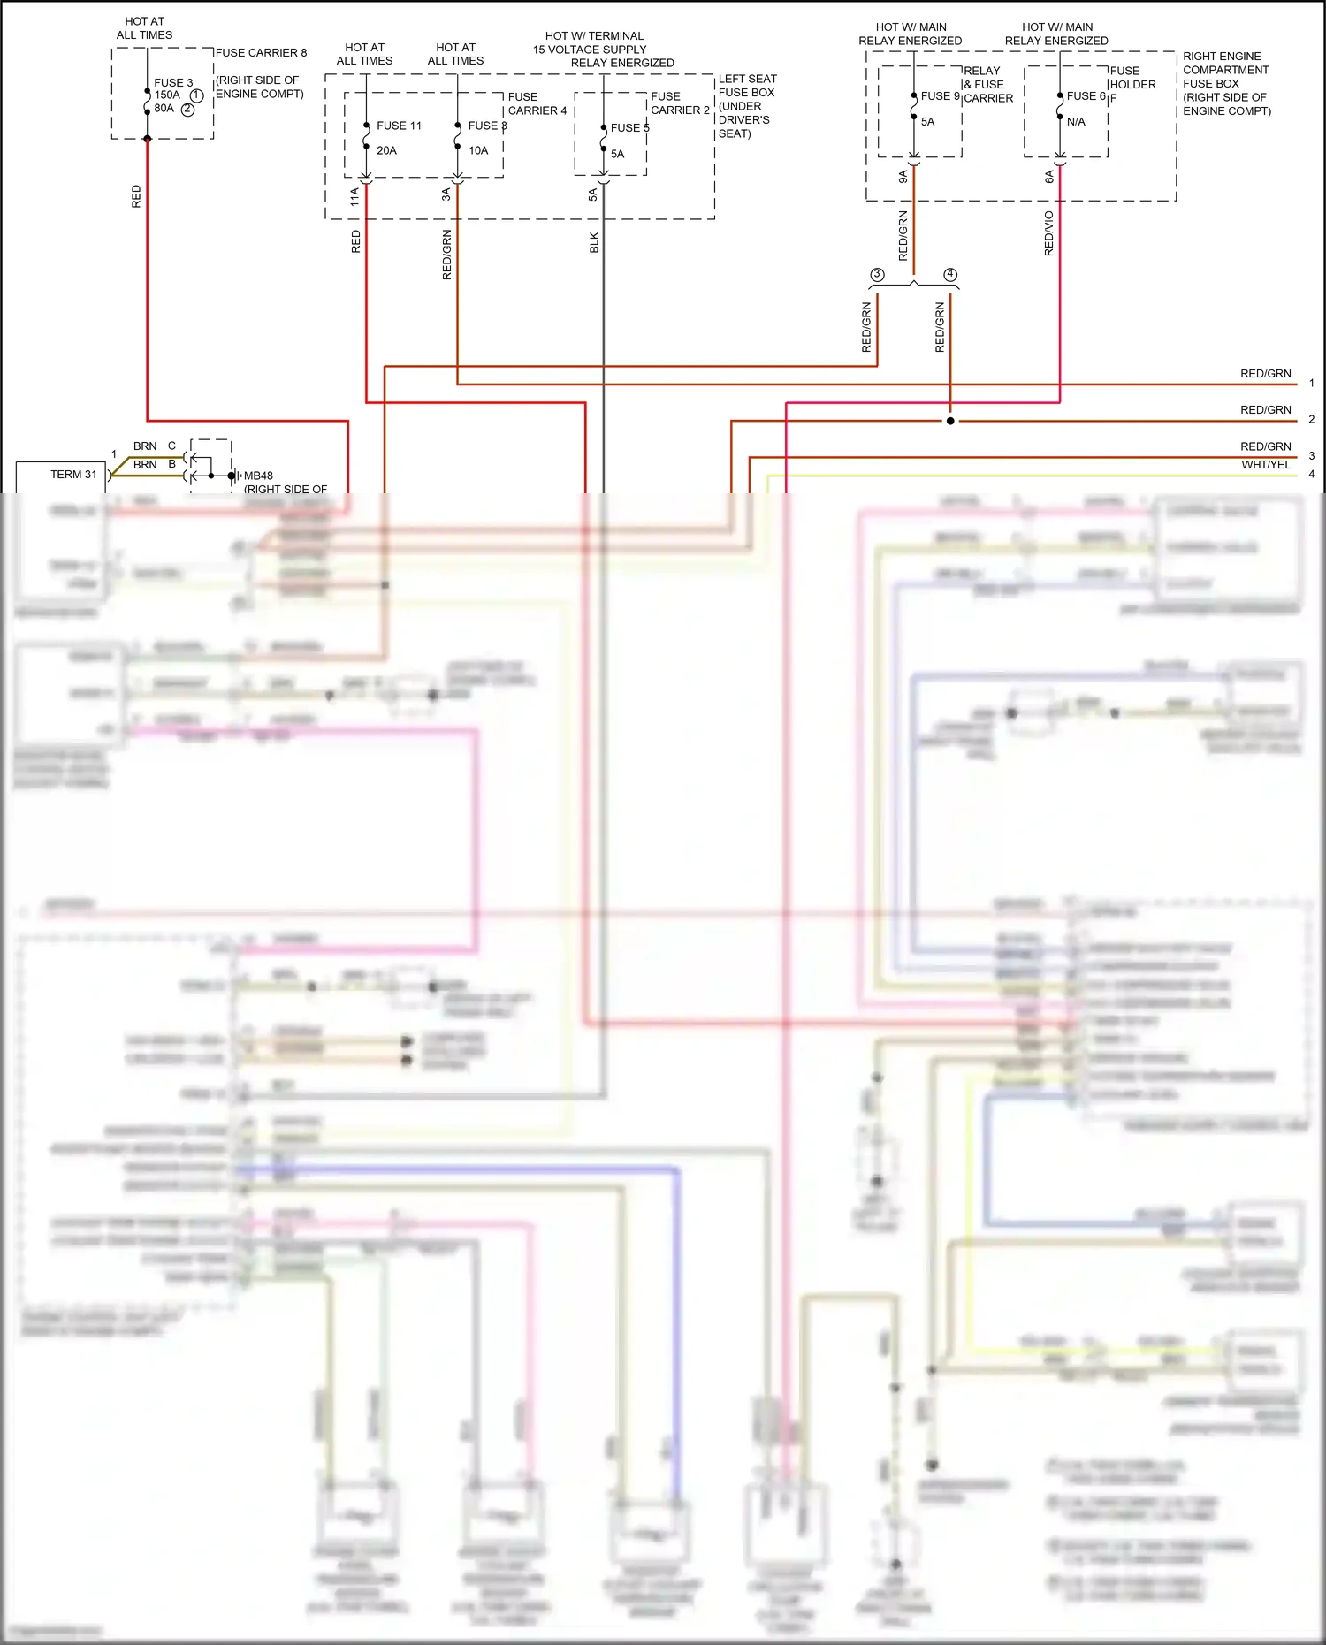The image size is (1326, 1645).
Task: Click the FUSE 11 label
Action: click(399, 126)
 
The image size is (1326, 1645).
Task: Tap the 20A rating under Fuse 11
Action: click(386, 150)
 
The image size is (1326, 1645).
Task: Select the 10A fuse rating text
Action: click(478, 150)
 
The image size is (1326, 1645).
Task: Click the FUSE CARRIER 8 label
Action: click(261, 53)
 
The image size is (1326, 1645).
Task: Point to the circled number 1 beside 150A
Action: click(196, 95)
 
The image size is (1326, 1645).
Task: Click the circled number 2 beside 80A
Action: click(187, 110)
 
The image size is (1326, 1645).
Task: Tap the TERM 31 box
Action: click(61, 476)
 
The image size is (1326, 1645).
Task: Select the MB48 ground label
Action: click(258, 476)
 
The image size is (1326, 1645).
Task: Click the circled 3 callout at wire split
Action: click(877, 275)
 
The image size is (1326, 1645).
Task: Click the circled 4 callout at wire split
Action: click(950, 275)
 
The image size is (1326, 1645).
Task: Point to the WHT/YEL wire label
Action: click(1265, 465)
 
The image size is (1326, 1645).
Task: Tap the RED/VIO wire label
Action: click(1049, 233)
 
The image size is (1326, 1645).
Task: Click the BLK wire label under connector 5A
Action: click(594, 243)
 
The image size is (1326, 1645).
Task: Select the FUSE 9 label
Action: click(940, 96)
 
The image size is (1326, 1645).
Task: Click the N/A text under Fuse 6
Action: click(1076, 122)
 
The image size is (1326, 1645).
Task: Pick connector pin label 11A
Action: click(354, 196)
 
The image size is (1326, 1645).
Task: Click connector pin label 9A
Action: click(903, 177)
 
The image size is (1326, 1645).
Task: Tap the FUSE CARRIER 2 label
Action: click(680, 103)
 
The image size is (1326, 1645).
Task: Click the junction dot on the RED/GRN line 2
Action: click(950, 421)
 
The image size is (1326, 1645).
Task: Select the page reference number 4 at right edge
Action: click(1311, 475)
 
